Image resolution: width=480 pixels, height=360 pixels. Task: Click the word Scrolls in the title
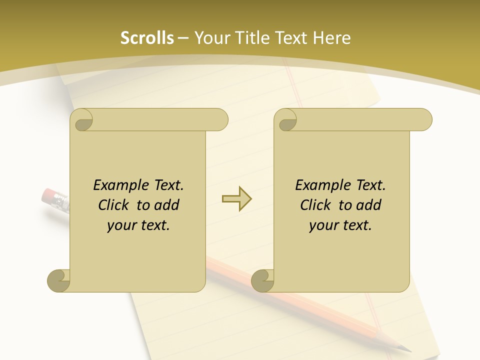[x=147, y=38]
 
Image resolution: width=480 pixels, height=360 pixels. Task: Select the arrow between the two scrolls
[x=236, y=199]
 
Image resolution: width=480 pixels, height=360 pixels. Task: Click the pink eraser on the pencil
[x=48, y=195]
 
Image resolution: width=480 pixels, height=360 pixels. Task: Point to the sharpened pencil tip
[x=406, y=348]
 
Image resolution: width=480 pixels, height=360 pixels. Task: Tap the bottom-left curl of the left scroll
[x=59, y=280]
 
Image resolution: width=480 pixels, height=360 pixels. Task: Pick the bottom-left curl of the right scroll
[x=263, y=280]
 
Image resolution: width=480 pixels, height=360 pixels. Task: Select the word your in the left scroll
[x=120, y=225]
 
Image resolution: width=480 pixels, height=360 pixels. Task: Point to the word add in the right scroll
[x=369, y=205]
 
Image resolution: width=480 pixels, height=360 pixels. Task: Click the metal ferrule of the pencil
[x=61, y=201]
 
